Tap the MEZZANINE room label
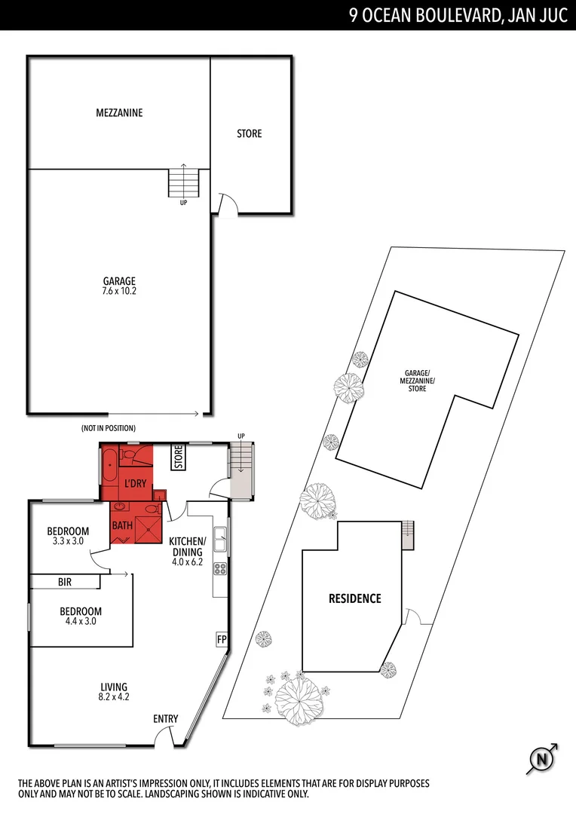pyautogui.click(x=119, y=113)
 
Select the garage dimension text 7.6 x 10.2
pyautogui.click(x=119, y=290)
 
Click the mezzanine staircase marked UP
pyautogui.click(x=183, y=182)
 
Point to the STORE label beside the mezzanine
pyautogui.click(x=250, y=133)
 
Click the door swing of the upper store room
pyautogui.click(x=227, y=203)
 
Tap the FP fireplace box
pyautogui.click(x=222, y=639)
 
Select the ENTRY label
pyautogui.click(x=166, y=718)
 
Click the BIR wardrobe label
pyautogui.click(x=65, y=583)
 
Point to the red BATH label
pyautogui.click(x=123, y=525)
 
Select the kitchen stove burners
pyautogui.click(x=221, y=570)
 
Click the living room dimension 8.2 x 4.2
pyautogui.click(x=115, y=697)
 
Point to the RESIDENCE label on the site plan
pyautogui.click(x=354, y=598)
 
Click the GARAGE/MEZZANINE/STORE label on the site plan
pyautogui.click(x=417, y=381)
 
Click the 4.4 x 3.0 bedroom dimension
pyautogui.click(x=81, y=622)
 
